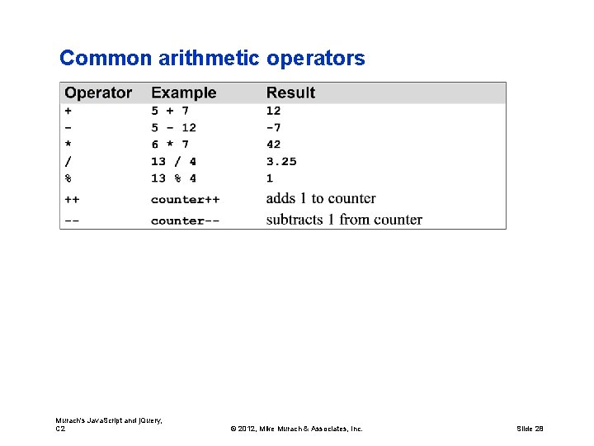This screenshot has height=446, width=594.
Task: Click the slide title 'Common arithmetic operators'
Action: point(212,59)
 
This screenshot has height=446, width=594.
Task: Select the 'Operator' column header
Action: point(98,93)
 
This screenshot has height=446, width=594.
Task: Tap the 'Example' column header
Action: point(183,93)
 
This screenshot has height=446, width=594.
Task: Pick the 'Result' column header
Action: point(290,93)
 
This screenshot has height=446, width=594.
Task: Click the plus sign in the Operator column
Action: point(68,111)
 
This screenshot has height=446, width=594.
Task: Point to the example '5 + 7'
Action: point(170,111)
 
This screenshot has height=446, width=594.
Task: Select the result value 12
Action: point(273,111)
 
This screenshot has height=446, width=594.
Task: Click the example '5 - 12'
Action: point(173,127)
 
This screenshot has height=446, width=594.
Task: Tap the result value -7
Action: point(273,127)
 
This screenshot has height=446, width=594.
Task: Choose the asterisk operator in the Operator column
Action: point(68,145)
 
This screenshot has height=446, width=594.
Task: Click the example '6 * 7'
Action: point(170,145)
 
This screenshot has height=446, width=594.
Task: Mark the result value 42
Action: point(273,145)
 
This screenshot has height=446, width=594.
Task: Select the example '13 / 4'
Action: point(173,162)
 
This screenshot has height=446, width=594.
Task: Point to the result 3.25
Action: point(281,162)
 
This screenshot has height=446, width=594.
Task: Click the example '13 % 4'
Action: point(173,178)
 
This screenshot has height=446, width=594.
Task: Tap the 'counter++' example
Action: point(185,200)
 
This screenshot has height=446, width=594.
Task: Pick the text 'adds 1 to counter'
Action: point(321,199)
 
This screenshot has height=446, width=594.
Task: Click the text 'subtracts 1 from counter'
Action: point(344,220)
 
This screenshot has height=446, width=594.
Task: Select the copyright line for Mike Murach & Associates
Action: point(296,429)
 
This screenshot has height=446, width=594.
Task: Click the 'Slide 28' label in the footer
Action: point(530,429)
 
